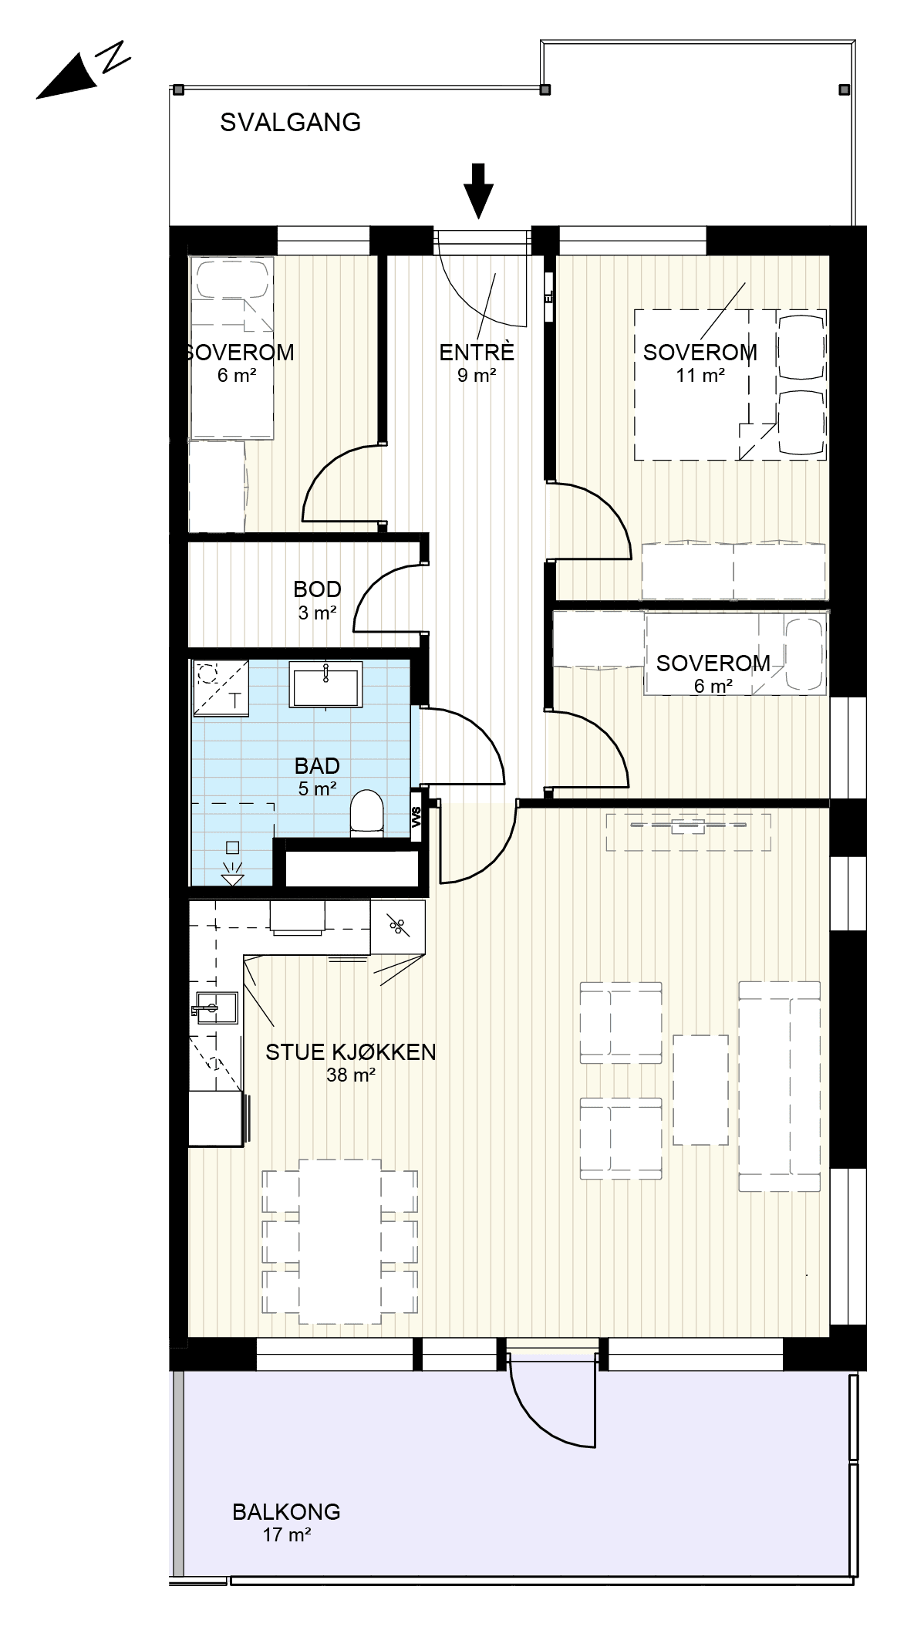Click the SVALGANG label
click(290, 122)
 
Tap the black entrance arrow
click(479, 191)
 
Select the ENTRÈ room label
click(477, 353)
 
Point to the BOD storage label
click(317, 589)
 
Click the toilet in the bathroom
click(366, 814)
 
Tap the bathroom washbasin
click(326, 684)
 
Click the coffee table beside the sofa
click(700, 1090)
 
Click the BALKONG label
click(286, 1511)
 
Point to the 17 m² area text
click(286, 1534)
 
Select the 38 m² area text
click(351, 1075)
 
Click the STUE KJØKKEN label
click(351, 1051)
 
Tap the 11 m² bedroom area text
click(700, 376)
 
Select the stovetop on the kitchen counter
click(397, 926)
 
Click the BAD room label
click(317, 766)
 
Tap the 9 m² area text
click(477, 376)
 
